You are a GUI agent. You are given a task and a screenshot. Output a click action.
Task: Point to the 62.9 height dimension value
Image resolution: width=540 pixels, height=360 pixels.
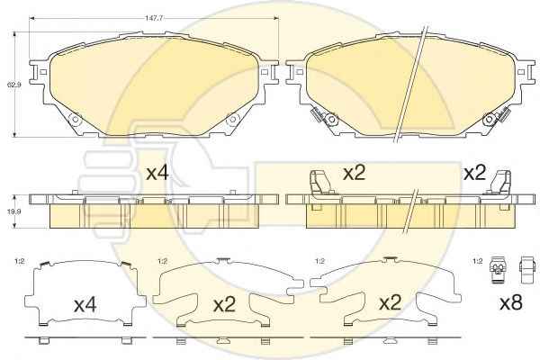pos(14,84)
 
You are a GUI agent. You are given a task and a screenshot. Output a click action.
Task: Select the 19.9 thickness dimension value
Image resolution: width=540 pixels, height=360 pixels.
pos(14,212)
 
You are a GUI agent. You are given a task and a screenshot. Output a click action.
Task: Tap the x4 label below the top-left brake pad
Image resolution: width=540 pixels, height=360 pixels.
pos(157,173)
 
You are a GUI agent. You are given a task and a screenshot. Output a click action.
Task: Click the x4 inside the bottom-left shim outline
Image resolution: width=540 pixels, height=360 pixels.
pos(85,306)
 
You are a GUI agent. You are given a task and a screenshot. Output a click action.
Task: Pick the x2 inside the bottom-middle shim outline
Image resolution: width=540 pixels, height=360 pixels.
pos(224,305)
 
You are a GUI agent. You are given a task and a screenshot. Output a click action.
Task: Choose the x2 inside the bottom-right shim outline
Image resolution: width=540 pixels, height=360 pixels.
pos(391,302)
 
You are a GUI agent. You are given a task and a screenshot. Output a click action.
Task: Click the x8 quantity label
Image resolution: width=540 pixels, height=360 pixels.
pos(511,302)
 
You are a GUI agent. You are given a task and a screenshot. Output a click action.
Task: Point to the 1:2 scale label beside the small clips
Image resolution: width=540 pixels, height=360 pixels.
pos(478,262)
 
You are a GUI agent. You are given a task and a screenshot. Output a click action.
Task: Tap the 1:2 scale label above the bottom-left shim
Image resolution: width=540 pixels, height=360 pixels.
pos(19,262)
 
